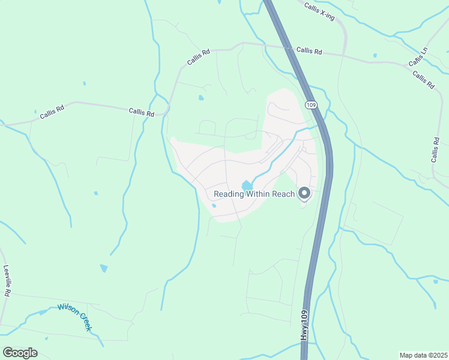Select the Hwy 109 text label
[x=304, y=326]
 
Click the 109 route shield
[x=310, y=104]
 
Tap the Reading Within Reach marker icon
[x=304, y=193]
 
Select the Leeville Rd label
[x=7, y=281]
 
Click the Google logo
[x=20, y=352]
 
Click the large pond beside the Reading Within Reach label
[x=246, y=185]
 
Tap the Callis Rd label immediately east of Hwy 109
[x=309, y=52]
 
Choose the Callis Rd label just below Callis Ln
[x=423, y=80]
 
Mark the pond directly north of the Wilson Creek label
[x=104, y=268]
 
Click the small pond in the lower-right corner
[x=435, y=281]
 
